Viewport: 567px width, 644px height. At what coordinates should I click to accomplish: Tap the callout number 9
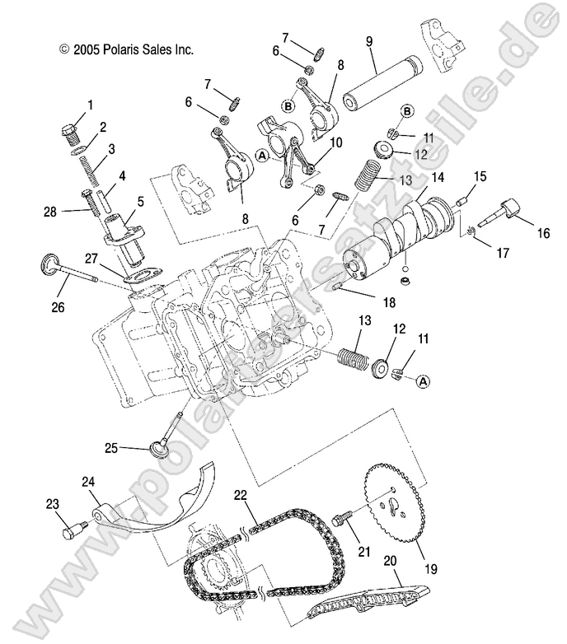click(368, 40)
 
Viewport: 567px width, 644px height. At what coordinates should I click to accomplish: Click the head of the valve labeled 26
click(51, 265)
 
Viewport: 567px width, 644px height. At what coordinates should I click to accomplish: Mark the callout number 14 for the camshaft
click(436, 177)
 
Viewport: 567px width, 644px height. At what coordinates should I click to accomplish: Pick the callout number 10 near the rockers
click(335, 143)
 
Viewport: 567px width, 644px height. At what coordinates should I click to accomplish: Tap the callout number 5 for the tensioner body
click(140, 200)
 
